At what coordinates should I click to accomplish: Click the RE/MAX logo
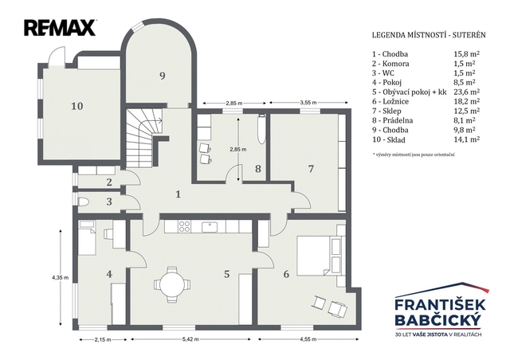coord(60,28)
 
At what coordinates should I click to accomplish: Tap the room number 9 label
coord(163,76)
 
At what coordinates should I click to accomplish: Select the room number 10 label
coord(77,106)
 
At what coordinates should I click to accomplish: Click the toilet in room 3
coord(83,202)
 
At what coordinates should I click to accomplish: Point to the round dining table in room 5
coord(172,284)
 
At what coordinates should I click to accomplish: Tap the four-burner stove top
coord(184,226)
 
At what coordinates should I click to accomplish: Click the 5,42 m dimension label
coord(190,339)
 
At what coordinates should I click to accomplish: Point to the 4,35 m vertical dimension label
coord(61,278)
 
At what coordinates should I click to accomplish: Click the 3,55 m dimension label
coord(308,103)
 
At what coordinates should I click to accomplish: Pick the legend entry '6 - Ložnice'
coord(390,101)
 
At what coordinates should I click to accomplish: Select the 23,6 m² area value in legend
coord(467,92)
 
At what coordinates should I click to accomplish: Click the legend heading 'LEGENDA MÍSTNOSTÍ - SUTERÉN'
coord(429,35)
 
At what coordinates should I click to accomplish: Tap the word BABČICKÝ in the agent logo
coord(437,319)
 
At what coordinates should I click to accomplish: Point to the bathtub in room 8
coord(261,129)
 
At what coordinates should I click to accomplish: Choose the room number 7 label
coord(311,169)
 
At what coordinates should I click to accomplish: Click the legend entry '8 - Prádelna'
coord(393,120)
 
